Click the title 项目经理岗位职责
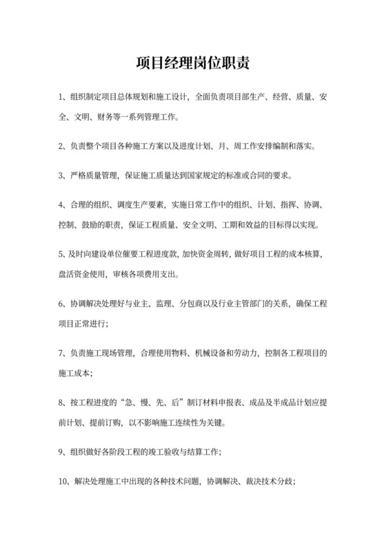(192, 63)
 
